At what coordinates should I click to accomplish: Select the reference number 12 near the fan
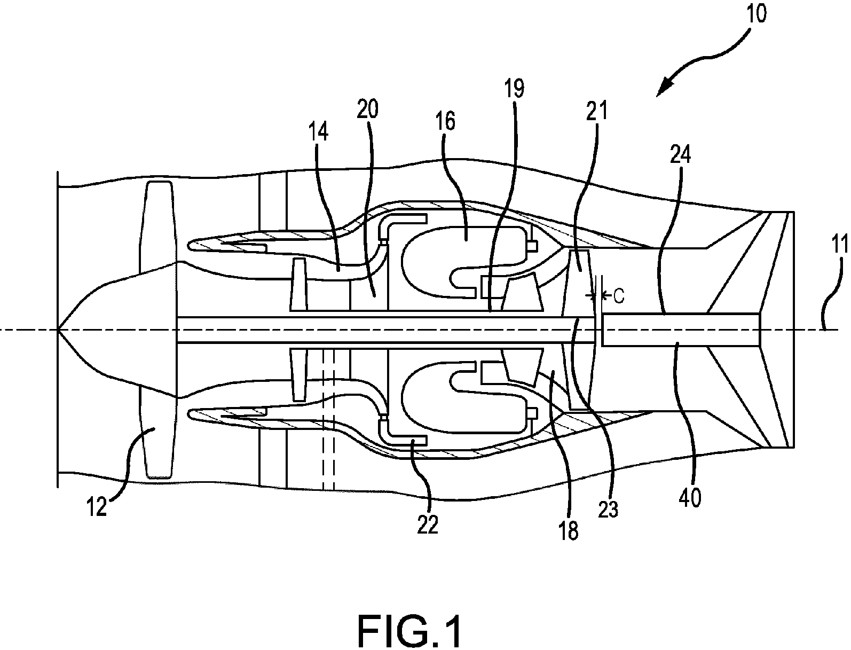tap(96, 506)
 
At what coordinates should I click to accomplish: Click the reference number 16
tap(445, 121)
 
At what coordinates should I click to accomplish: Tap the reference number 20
tap(367, 109)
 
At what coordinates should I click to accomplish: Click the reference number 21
tap(597, 111)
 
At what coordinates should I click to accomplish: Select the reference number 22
tap(428, 525)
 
